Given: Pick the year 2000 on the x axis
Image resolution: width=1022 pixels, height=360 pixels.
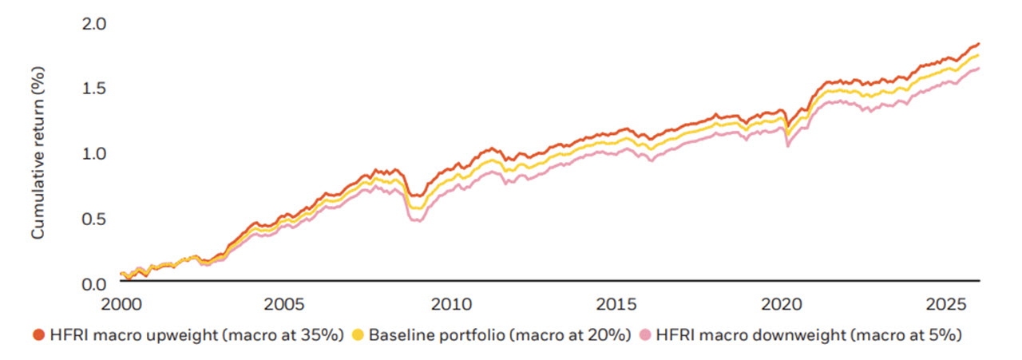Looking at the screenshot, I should click(120, 305).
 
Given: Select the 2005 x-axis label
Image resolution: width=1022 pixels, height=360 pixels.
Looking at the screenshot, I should click(284, 305).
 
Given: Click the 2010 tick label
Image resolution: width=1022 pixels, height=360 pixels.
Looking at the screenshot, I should click(450, 305).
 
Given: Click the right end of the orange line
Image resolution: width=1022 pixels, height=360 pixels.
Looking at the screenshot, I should click(980, 43).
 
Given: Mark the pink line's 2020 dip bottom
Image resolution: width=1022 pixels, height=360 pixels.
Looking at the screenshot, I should click(788, 146).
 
